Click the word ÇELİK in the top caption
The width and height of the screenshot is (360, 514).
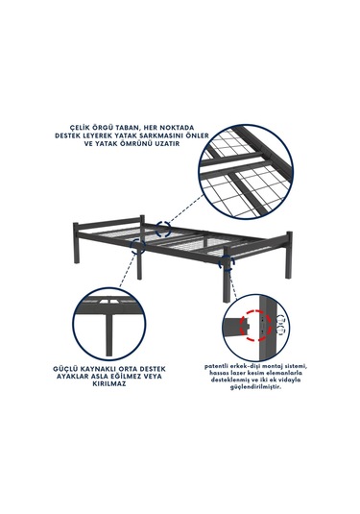pyautogui.click(x=80, y=127)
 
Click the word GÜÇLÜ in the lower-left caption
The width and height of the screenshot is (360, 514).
pyautogui.click(x=64, y=369)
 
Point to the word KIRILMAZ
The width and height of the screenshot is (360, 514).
pyautogui.click(x=109, y=384)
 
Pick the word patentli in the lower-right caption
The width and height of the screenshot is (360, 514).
pyautogui.click(x=216, y=366)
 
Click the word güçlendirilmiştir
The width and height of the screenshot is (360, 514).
pyautogui.click(x=255, y=387)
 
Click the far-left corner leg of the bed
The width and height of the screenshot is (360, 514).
pyautogui.click(x=76, y=243)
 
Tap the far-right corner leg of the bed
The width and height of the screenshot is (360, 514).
pyautogui.click(x=289, y=255)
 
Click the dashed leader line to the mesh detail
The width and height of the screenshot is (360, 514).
pyautogui.click(x=185, y=208)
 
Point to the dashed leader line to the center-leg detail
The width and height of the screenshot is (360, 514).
pyautogui.click(x=128, y=270)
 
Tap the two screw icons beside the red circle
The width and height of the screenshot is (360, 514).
pyautogui.click(x=281, y=325)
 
